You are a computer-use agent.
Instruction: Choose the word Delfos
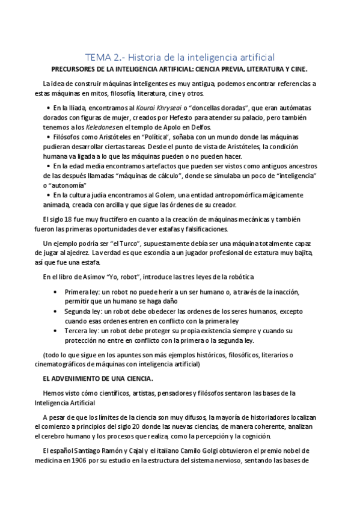(x=196, y=127)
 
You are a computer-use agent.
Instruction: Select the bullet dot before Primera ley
(x=56, y=292)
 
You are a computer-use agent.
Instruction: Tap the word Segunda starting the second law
(x=79, y=312)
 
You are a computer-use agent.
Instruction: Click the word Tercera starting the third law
(x=78, y=331)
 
